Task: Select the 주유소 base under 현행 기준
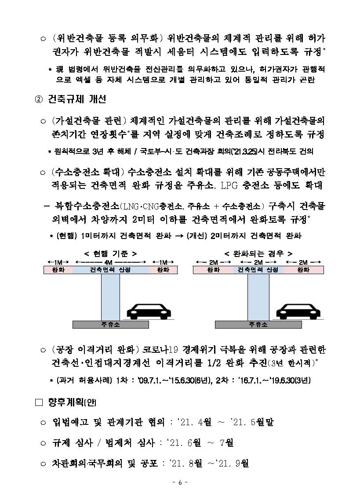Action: (111, 325)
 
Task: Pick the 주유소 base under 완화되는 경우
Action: (258, 325)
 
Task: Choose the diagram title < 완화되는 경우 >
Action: (258, 253)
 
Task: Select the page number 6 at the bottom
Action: (180, 482)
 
